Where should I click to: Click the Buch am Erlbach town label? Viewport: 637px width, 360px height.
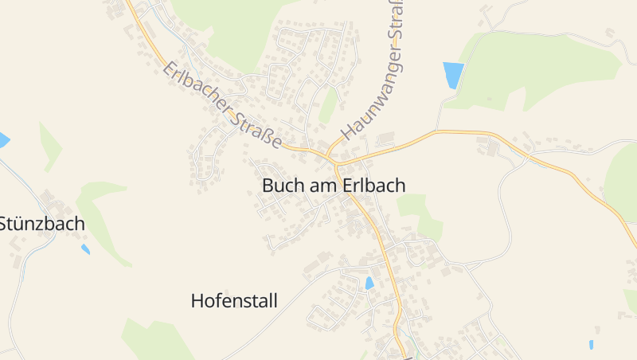[x=334, y=186]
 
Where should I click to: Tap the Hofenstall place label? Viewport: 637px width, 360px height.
[x=234, y=301]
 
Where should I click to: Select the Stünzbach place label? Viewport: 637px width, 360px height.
[x=41, y=224]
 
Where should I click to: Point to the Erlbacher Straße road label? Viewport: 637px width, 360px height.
[x=222, y=106]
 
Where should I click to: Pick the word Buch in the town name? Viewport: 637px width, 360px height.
[x=280, y=186]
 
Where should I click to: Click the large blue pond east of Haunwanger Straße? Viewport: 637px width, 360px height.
[x=453, y=76]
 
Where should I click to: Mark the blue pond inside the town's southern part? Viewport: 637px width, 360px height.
[x=369, y=283]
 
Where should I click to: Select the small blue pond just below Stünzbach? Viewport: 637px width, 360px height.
[x=85, y=249]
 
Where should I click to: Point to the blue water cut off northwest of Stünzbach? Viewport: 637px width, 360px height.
[x=3, y=141]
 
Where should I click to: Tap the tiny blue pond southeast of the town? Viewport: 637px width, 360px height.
[x=591, y=345]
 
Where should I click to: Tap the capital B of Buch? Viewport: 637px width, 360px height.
[x=268, y=186]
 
